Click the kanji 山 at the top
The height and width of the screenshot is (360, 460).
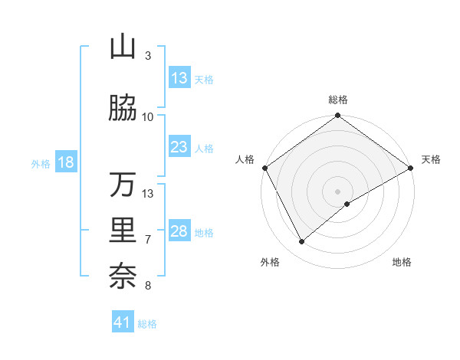pyautogui.click(x=123, y=47)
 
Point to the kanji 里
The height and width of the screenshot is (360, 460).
pyautogui.click(x=123, y=231)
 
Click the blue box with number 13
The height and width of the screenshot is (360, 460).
pyautogui.click(x=179, y=78)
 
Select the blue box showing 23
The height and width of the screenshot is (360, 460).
pyautogui.click(x=179, y=147)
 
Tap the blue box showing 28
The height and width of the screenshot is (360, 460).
pyautogui.click(x=179, y=232)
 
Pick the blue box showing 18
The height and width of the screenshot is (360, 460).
pyautogui.click(x=65, y=163)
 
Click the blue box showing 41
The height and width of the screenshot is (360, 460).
pyautogui.click(x=123, y=322)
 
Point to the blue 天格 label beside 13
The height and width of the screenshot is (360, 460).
pyautogui.click(x=204, y=79)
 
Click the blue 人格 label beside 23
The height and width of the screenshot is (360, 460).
pyautogui.click(x=204, y=148)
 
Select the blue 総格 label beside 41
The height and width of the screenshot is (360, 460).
pyautogui.click(x=147, y=324)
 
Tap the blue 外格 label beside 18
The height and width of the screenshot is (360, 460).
pyautogui.click(x=41, y=164)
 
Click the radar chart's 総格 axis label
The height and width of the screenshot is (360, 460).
pyautogui.click(x=338, y=100)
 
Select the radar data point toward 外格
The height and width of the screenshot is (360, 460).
pyautogui.click(x=301, y=242)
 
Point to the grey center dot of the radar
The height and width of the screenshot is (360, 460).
pyautogui.click(x=338, y=191)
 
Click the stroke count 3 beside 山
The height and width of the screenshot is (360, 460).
pyautogui.click(x=148, y=56)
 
